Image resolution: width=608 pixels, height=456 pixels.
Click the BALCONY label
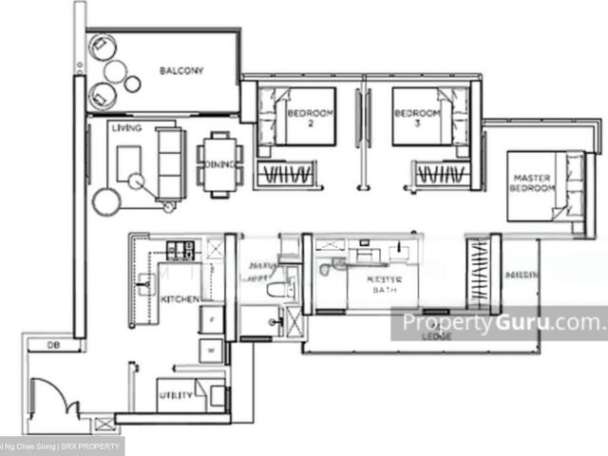[x=179, y=70]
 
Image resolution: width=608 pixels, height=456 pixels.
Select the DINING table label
[x=218, y=164]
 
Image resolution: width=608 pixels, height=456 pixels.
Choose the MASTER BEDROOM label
[x=532, y=183]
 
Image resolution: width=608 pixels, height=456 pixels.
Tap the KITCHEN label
[x=180, y=299]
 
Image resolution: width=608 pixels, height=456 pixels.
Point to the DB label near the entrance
[x=38, y=346]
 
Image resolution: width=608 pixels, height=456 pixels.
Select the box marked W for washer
[x=212, y=350]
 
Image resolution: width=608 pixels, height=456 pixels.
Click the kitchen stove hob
[x=180, y=251]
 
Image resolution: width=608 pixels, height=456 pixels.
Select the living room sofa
[x=171, y=163]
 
